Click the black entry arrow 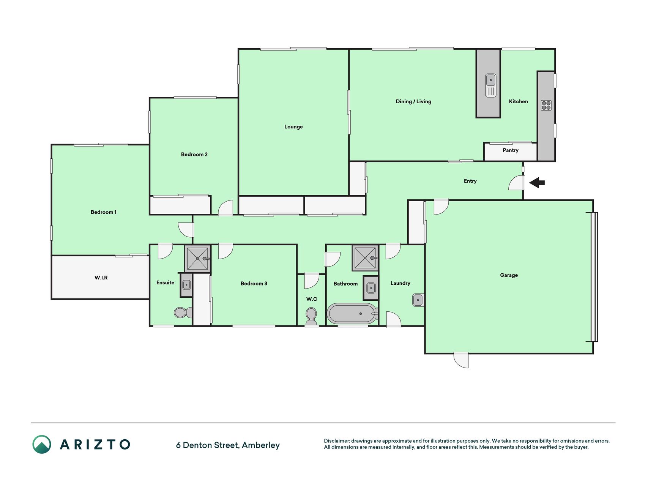tap(537, 183)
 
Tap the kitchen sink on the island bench tap(490, 85)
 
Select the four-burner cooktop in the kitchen tap(546, 105)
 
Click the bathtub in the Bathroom tap(352, 314)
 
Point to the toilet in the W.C tap(311, 316)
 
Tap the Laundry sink tap(418, 300)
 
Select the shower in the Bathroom tap(365, 258)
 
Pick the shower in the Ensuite tap(197, 259)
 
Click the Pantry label tap(510, 150)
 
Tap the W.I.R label tap(101, 278)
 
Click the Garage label tap(509, 275)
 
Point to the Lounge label tap(293, 127)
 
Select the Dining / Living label tap(413, 101)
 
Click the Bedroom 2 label tap(194, 155)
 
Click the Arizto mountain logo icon tap(42, 444)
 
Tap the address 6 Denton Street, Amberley tap(228, 445)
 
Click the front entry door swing tap(516, 182)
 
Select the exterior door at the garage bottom tap(461, 360)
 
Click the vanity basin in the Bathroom tap(371, 288)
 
